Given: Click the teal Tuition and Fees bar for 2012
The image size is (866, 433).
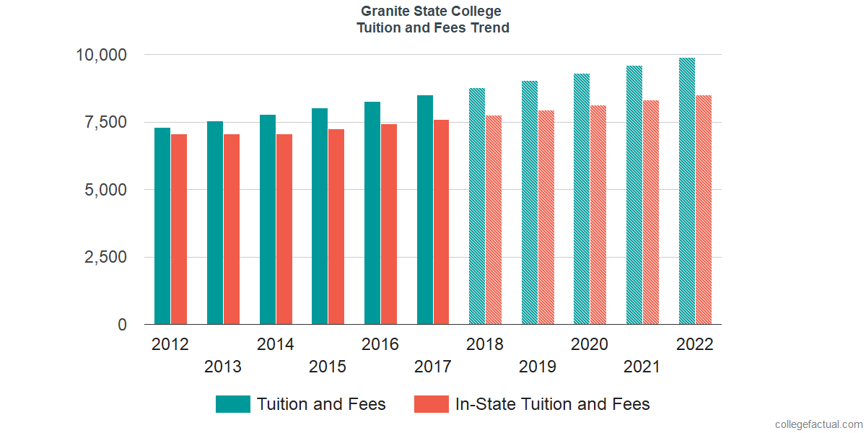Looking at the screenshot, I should tap(162, 227).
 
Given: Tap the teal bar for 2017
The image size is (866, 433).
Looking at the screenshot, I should tap(424, 210).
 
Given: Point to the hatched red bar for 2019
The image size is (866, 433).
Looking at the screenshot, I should tap(546, 218).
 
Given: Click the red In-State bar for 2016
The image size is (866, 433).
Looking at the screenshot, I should tap(389, 224).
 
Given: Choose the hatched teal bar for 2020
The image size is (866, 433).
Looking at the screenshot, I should tap(582, 199).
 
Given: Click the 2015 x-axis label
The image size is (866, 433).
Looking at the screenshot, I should tap(328, 367).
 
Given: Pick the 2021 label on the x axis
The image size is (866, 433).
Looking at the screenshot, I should tap(642, 367).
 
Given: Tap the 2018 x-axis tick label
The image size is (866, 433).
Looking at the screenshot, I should tap(485, 344).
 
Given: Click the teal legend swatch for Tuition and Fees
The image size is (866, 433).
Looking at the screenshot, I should tap(233, 404).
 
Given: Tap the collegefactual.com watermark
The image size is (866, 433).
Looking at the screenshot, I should tap(818, 424).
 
